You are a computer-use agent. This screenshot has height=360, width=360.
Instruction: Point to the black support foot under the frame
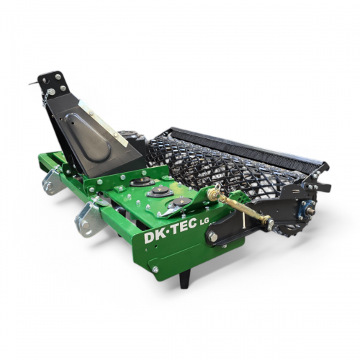tap(186, 279)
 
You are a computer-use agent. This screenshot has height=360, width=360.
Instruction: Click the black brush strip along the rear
tap(247, 145)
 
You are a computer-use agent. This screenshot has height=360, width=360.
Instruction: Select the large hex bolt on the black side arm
tap(213, 238)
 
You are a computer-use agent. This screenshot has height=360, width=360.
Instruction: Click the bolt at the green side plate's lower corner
tap(155, 269)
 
